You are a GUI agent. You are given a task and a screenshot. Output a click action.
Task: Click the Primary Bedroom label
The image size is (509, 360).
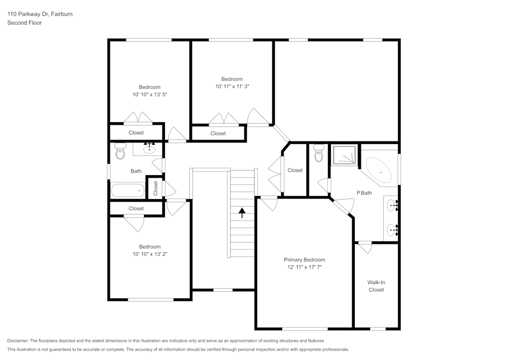pos(304,260)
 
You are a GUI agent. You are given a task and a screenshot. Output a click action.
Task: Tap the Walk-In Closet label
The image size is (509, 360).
pos(376,286)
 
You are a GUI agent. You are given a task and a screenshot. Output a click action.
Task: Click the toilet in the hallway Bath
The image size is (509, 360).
pos(120,151)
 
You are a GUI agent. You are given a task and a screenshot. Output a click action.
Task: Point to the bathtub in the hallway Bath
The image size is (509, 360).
pos(128,191)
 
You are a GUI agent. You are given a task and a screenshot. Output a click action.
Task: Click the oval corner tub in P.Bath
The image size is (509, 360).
pos(379,170)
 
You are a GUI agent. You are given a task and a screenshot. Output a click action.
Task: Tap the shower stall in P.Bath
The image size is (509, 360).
pos(344,155)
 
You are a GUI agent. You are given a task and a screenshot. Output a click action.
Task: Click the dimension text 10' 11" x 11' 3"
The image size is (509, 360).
pos(232,87)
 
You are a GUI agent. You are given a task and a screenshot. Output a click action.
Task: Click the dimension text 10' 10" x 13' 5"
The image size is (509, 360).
pos(150,95)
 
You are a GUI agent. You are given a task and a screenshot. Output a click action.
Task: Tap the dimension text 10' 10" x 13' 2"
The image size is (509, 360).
pos(150,254)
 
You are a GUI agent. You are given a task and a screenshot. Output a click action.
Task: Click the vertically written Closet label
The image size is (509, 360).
pos(156,188)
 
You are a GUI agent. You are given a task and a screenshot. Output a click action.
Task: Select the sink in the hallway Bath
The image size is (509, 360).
pos(150,149)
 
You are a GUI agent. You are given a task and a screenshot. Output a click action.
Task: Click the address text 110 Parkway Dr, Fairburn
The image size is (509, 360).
pos(40,14)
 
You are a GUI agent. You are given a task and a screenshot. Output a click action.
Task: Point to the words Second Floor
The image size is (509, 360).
pos(24,23)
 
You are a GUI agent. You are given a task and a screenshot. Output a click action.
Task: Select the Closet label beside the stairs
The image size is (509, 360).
pos(295,171)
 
